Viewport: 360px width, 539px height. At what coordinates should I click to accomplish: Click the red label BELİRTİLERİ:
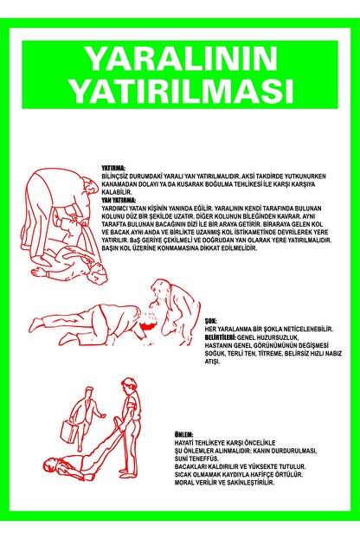coord(223,336)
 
